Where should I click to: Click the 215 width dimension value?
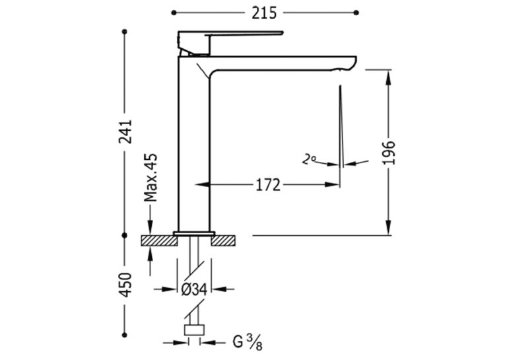tap(264, 13)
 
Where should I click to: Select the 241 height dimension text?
tap(125, 131)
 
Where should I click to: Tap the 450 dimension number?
tap(125, 285)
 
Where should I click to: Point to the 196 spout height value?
tap(389, 153)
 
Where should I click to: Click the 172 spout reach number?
tap(268, 185)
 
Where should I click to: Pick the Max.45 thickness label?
tap(151, 178)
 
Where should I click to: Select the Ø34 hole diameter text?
tap(194, 289)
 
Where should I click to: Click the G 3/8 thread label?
tap(247, 342)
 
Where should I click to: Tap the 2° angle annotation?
tap(309, 160)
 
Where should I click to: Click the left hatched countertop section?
tap(159, 240)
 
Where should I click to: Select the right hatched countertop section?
tap(223, 240)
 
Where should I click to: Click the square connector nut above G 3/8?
tap(194, 330)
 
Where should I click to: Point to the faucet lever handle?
tap(230, 36)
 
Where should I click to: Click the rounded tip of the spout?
tap(352, 63)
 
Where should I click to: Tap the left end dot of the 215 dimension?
tap(174, 13)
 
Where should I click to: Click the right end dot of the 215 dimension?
tap(356, 13)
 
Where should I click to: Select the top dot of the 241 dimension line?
tap(125, 32)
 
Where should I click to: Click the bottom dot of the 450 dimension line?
tap(125, 335)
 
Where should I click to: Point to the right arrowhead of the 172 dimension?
tap(332, 185)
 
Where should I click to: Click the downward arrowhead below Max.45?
tap(151, 227)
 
